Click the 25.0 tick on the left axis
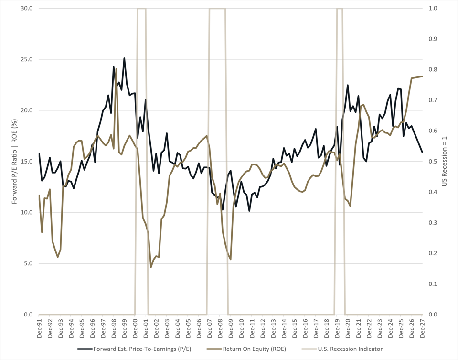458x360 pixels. point(26,59)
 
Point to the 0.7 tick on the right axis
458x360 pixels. point(433,100)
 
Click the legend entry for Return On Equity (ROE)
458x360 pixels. point(246,349)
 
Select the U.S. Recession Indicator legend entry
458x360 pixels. point(342,349)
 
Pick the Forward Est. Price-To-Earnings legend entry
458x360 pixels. point(134,349)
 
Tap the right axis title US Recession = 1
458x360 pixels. point(444,161)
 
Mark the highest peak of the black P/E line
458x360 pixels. point(124,58)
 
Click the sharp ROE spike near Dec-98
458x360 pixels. point(116,69)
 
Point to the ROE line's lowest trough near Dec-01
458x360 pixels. point(151,267)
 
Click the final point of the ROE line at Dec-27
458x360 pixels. point(422,76)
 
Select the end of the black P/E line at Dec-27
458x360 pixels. point(422,152)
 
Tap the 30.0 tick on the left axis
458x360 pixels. point(26,8)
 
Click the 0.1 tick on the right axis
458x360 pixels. point(433,284)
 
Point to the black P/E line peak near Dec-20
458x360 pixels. point(348,85)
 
